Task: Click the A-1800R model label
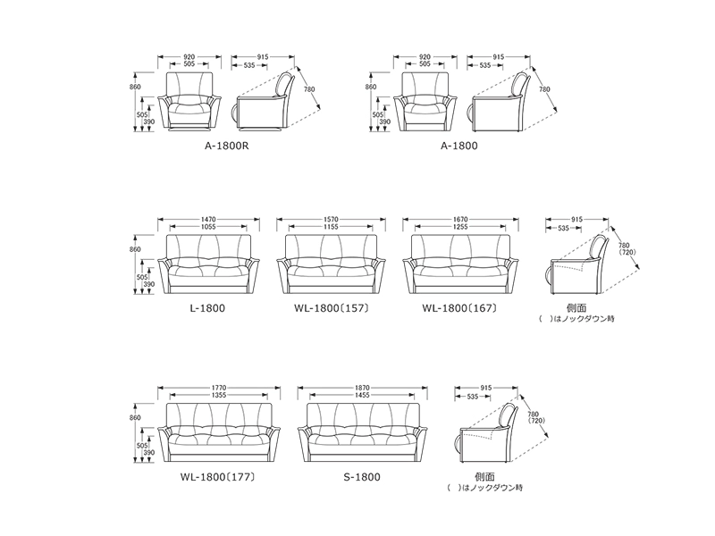tap(227, 146)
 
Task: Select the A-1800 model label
tap(459, 146)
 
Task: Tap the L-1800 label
tap(207, 308)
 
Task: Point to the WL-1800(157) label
tap(332, 308)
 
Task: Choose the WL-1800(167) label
tap(459, 308)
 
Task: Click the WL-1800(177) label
tap(217, 477)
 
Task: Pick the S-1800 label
tap(362, 477)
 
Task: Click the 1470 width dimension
tap(208, 219)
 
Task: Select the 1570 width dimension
tap(331, 219)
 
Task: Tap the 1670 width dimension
tap(460, 219)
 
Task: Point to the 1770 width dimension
tap(219, 388)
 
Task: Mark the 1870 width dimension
tap(362, 388)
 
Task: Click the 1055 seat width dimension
tap(208, 227)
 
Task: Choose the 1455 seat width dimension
tap(362, 395)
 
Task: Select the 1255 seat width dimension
tap(460, 227)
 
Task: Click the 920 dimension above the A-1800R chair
tap(189, 57)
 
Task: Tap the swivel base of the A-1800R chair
tap(189, 130)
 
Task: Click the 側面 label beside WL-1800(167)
tap(576, 308)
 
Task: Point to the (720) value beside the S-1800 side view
tap(535, 421)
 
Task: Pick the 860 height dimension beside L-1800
tap(135, 249)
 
